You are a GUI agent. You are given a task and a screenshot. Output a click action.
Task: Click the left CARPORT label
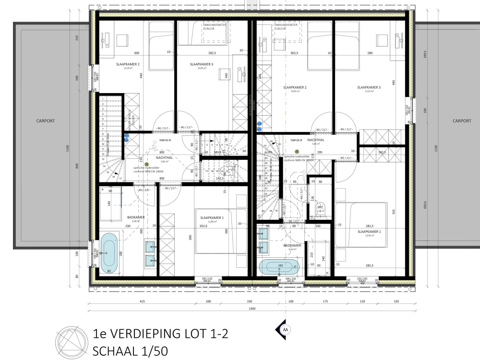click(46, 121)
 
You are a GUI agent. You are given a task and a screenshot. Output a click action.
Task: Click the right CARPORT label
click(462, 121)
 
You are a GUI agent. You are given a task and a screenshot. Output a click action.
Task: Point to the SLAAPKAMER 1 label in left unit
click(209, 217)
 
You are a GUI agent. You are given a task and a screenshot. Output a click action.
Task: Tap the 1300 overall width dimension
click(252, 309)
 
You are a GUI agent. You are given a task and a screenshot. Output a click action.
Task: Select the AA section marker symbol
click(285, 329)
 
